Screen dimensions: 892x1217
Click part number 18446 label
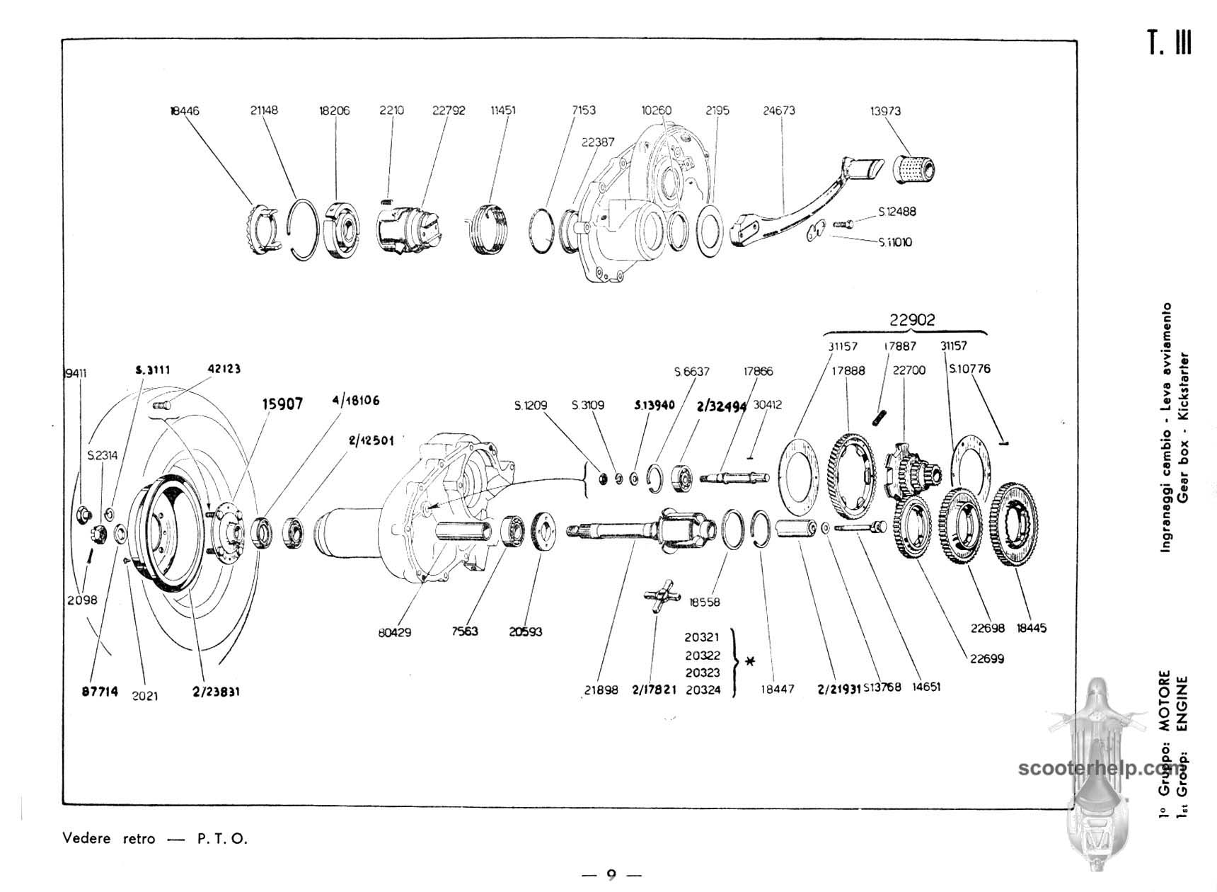[185, 110]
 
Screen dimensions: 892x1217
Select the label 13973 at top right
[885, 110]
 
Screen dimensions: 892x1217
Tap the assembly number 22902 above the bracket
[912, 320]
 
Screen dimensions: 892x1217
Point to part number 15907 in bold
[282, 404]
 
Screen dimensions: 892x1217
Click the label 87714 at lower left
[100, 692]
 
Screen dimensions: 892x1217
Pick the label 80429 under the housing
[394, 632]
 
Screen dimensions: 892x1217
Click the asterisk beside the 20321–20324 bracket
[750, 663]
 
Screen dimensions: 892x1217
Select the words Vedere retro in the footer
[108, 839]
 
